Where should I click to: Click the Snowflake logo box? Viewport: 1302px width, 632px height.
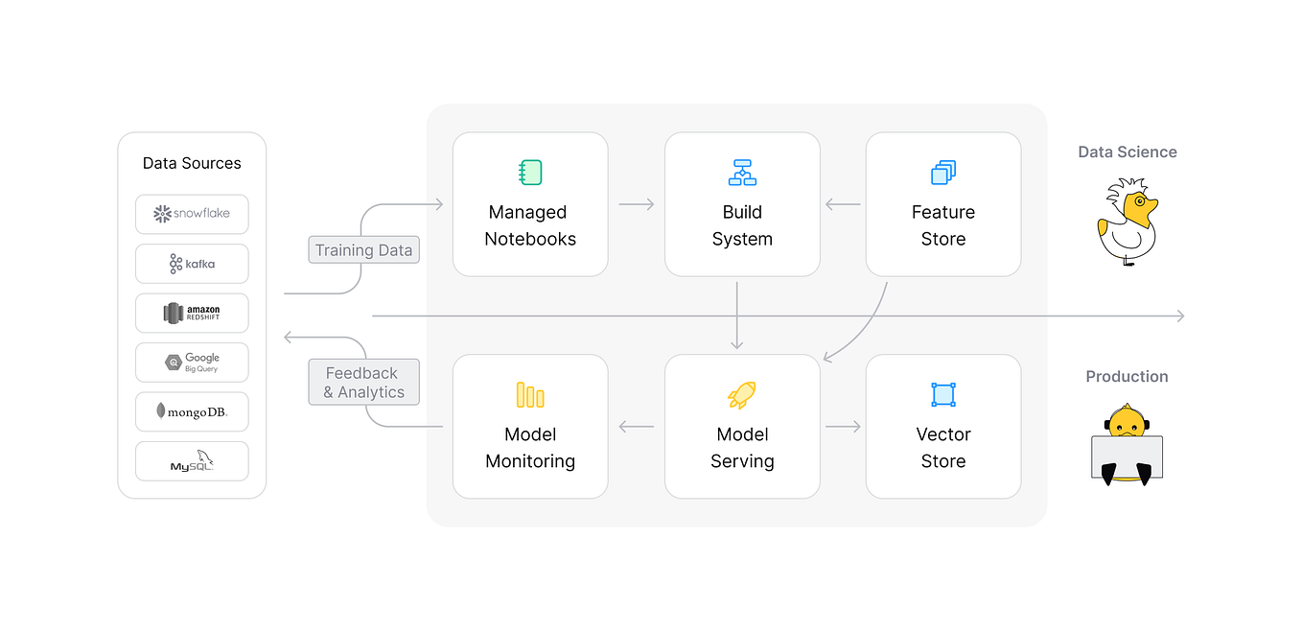[192, 214]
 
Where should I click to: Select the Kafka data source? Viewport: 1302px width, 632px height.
[192, 264]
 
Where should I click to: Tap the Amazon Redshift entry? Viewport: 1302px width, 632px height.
[192, 314]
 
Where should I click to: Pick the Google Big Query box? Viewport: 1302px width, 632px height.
[192, 363]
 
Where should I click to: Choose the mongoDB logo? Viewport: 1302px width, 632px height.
[192, 412]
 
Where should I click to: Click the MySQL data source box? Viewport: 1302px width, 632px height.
[192, 462]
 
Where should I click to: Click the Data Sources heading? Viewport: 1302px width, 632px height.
[192, 163]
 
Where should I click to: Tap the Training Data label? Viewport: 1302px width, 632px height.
[363, 250]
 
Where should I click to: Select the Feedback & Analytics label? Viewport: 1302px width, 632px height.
[363, 383]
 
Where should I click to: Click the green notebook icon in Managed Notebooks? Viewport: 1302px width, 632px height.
[530, 173]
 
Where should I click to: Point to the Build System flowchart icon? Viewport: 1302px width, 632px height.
[742, 173]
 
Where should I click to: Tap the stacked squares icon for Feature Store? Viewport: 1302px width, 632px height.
[943, 173]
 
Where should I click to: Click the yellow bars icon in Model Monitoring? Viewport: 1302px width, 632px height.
[530, 395]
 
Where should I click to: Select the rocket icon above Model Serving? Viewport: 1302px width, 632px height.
[742, 395]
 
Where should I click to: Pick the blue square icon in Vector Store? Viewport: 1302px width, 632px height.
[943, 395]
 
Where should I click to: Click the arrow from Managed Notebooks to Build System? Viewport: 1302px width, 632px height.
[637, 204]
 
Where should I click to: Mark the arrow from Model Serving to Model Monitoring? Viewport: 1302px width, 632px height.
[637, 427]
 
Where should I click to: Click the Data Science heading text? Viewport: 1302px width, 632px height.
[1127, 152]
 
